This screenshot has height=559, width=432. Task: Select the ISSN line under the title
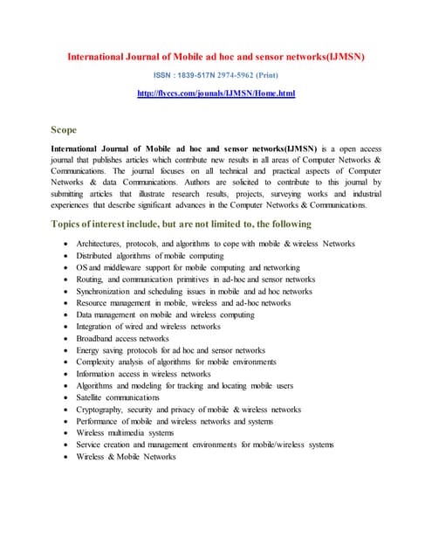tap(216, 74)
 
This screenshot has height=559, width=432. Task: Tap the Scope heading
tap(64, 130)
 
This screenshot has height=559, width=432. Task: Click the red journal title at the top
tap(216, 57)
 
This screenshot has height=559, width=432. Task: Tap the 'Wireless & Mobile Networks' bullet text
tap(126, 456)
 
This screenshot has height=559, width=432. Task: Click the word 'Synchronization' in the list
tap(105, 291)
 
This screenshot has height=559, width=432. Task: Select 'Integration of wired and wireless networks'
tap(148, 326)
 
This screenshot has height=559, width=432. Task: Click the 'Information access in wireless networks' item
tap(143, 373)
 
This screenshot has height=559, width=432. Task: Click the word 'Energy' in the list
tap(88, 350)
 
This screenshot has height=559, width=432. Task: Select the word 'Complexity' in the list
tap(97, 362)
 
